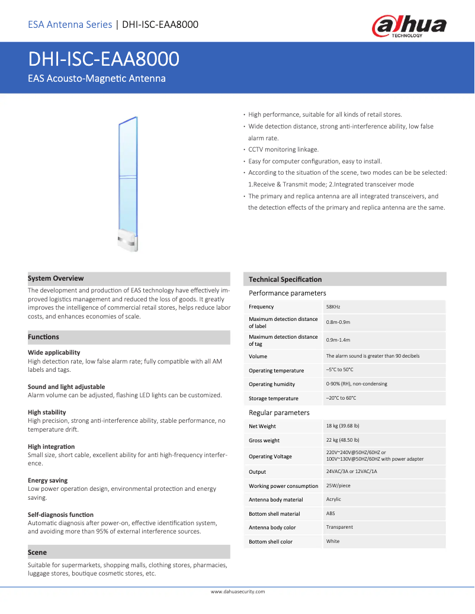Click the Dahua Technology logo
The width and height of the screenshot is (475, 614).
(409, 27)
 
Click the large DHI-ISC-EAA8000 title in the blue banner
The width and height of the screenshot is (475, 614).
(104, 59)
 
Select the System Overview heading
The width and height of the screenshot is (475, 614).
(56, 278)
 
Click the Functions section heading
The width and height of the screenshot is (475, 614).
(43, 337)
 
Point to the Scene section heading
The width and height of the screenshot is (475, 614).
(37, 552)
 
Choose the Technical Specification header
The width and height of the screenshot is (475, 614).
(285, 279)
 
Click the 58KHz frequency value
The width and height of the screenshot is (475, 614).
(333, 307)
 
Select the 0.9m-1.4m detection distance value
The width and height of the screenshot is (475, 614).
(338, 340)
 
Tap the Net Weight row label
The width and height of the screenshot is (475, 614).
(262, 426)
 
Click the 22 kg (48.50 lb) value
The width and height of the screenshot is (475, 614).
(342, 440)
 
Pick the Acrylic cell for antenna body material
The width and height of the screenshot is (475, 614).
(333, 499)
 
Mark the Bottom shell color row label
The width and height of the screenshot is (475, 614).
(271, 542)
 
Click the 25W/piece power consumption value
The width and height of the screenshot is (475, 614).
(338, 486)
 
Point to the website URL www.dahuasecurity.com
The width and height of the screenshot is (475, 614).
(237, 592)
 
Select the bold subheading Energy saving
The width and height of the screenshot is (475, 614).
(48, 480)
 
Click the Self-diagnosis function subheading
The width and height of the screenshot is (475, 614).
(60, 515)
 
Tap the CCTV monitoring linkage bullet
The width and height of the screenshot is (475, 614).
(283, 149)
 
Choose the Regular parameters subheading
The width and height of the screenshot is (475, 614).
(279, 413)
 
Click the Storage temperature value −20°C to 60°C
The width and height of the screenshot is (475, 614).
(341, 398)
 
